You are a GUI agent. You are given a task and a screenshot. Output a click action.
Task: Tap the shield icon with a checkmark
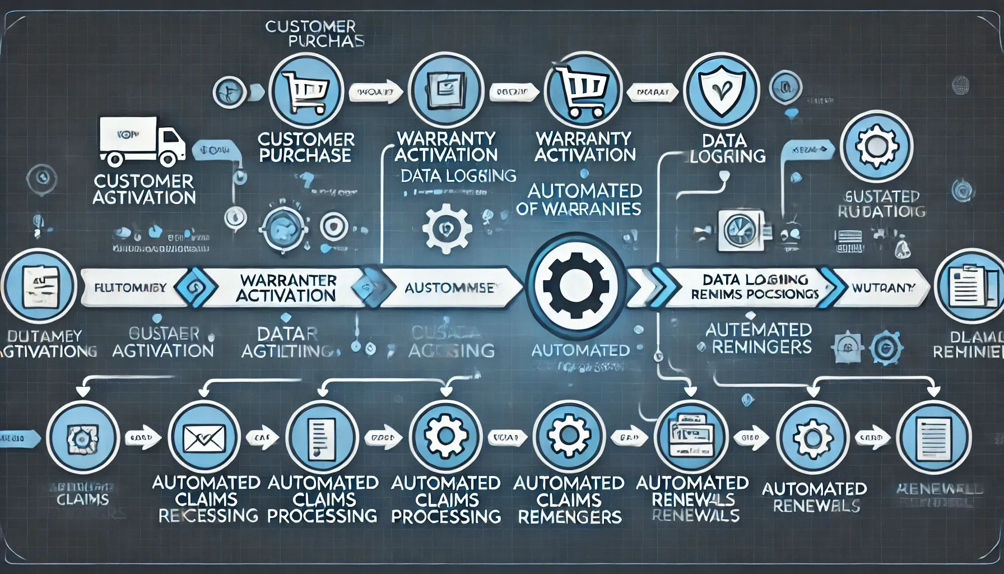722,90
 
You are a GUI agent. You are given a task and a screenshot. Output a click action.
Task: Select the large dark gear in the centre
576,286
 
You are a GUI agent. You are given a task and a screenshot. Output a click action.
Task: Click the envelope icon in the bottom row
204,438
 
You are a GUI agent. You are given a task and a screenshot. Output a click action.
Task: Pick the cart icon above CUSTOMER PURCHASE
306,90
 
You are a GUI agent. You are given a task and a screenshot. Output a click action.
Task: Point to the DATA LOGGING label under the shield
726,148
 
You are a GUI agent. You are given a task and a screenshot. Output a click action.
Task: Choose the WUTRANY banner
882,288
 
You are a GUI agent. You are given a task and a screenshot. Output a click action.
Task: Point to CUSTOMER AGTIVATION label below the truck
144,189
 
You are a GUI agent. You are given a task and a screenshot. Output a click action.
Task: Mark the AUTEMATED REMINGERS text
759,338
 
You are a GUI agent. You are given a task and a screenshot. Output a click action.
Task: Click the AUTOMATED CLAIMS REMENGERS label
569,499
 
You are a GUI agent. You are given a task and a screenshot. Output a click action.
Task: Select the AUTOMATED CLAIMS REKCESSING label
207,499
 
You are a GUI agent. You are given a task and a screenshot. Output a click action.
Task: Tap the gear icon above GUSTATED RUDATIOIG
876,146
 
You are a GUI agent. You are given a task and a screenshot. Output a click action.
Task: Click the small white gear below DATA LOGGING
446,228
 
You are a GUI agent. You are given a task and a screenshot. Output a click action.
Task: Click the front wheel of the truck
167,159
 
